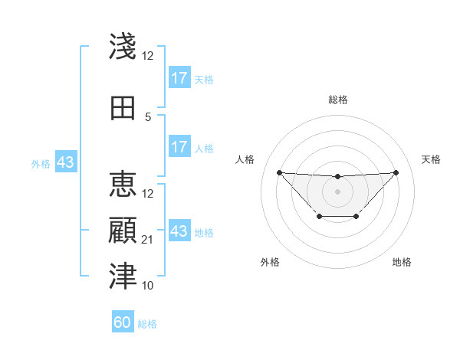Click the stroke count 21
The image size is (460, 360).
148,240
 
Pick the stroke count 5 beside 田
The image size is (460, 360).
148,117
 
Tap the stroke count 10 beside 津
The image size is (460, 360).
148,286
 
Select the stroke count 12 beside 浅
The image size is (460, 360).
148,56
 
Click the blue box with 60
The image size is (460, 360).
123,322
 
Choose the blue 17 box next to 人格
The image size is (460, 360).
179,146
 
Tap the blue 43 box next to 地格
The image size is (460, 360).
179,231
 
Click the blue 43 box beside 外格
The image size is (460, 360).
65,162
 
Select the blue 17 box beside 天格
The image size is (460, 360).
179,78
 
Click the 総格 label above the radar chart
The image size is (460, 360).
338,100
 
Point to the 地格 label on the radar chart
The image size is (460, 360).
402,262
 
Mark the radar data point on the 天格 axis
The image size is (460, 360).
396,172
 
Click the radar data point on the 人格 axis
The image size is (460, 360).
279,172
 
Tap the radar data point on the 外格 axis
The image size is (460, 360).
319,218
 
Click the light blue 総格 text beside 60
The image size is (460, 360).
147,324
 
